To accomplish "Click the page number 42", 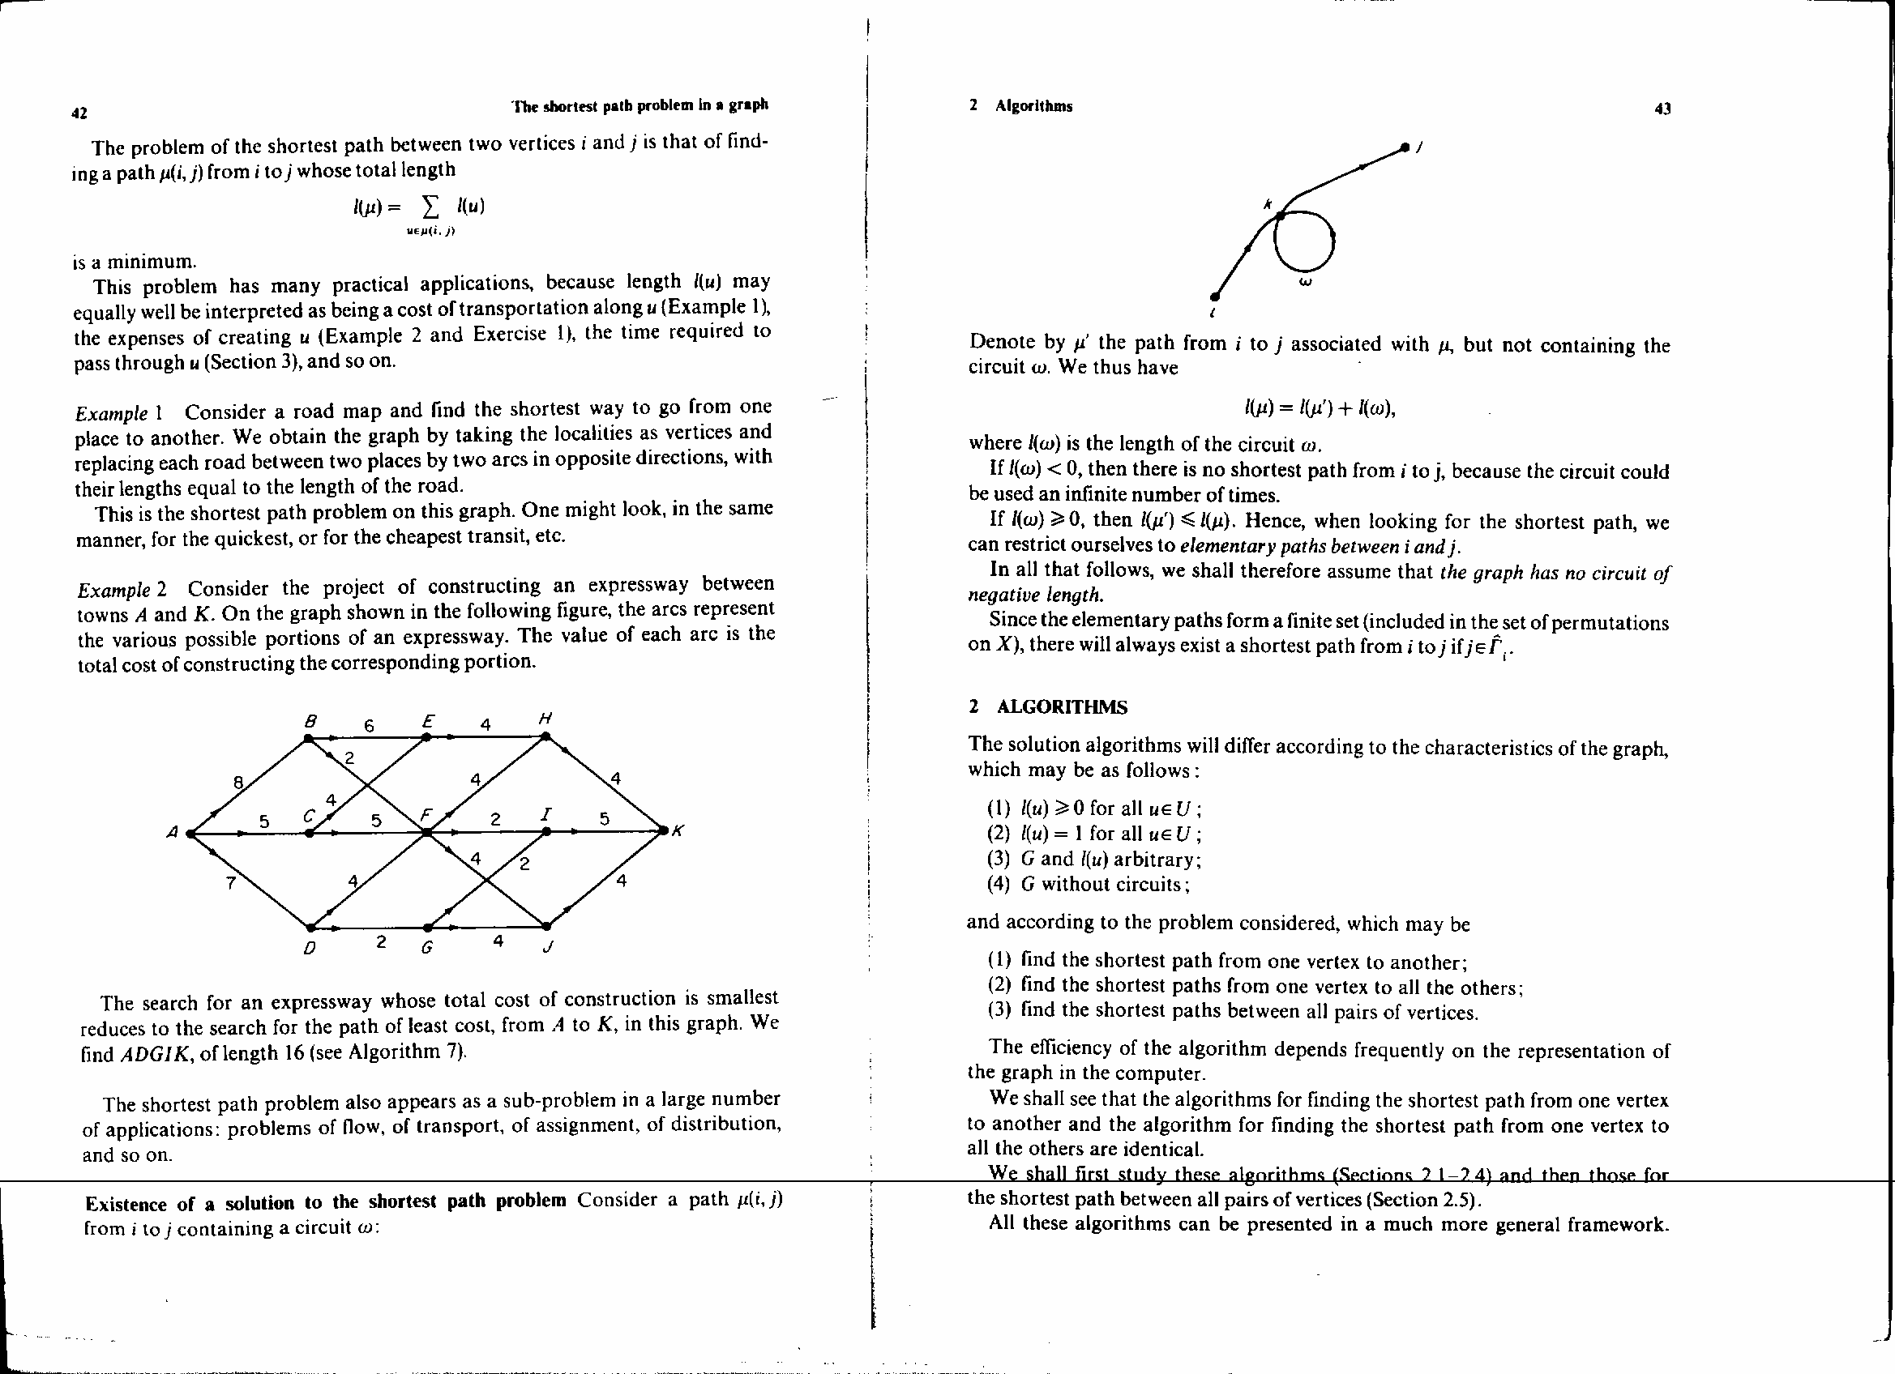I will [x=80, y=113].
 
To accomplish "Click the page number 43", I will [x=1662, y=109].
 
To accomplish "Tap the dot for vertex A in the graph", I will [x=190, y=833].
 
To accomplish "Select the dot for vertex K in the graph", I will [x=664, y=830].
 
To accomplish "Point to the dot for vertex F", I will [x=426, y=832].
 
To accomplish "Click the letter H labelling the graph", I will [x=545, y=718].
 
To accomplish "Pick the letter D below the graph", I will [x=308, y=949].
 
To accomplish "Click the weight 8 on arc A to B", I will [x=238, y=783].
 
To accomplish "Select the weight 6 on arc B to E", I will [x=369, y=726].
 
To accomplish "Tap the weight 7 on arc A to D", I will [x=231, y=882].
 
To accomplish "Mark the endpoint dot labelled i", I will [x=1215, y=297].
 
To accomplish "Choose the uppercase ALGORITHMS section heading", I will [x=1061, y=707].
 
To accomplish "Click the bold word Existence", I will [x=126, y=1204].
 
